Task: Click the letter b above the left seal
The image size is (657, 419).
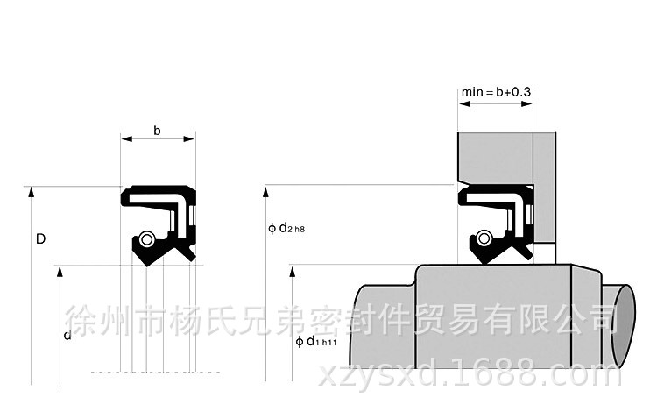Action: tap(157, 131)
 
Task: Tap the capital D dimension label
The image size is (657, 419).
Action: tap(40, 238)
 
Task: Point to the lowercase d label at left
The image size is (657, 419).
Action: tap(67, 336)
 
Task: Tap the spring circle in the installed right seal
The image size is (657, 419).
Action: tap(484, 237)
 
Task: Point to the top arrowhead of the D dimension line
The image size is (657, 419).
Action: tap(32, 191)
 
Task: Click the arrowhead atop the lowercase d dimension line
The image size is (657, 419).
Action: tap(60, 271)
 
